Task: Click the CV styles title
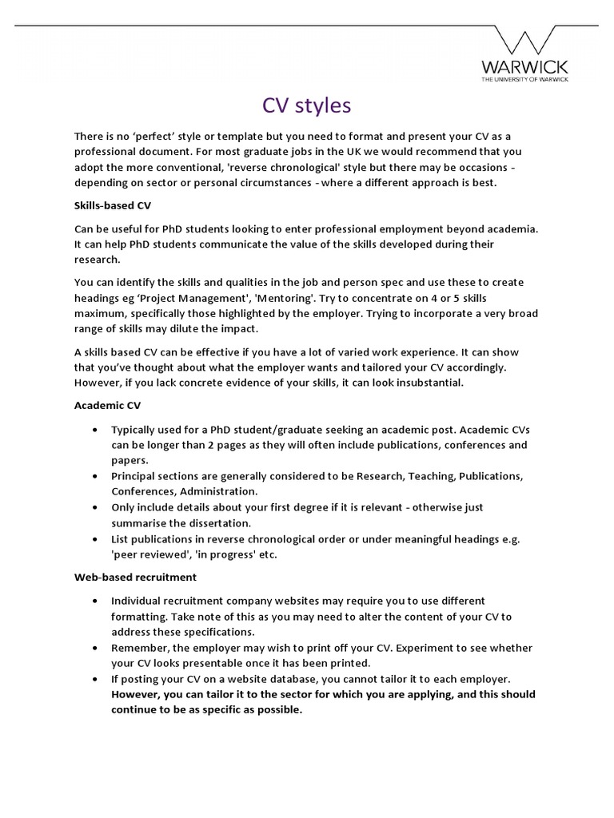click(307, 105)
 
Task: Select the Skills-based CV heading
click(112, 205)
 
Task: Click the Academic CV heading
click(107, 405)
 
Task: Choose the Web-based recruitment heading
click(135, 576)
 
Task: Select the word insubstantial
click(432, 382)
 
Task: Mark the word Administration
click(217, 490)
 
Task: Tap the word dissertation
click(218, 522)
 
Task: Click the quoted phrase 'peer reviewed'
click(146, 554)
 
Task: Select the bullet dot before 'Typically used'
click(96, 429)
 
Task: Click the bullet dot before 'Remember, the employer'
click(96, 647)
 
